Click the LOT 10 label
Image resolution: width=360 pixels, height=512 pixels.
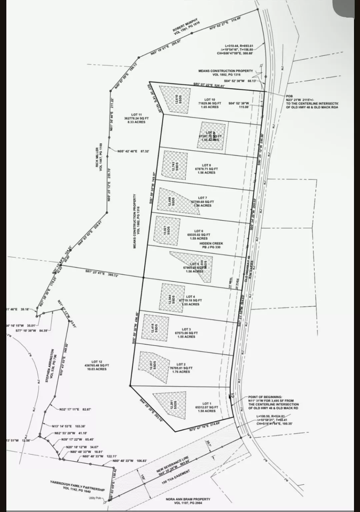tap(210, 100)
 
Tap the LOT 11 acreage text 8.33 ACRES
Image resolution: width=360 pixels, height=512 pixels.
tap(137, 122)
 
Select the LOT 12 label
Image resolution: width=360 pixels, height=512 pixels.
tap(97, 361)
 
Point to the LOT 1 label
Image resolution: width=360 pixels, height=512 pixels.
tap(207, 403)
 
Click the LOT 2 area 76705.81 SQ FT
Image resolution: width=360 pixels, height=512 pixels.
tap(181, 368)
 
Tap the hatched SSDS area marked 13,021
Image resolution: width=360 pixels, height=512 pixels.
tap(167, 230)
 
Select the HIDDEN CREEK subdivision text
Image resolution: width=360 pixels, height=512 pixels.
tap(211, 244)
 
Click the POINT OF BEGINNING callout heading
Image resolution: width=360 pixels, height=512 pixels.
tap(265, 397)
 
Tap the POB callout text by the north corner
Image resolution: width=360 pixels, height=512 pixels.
tap(289, 96)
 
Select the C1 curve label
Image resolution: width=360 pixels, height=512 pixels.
tap(233, 395)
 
